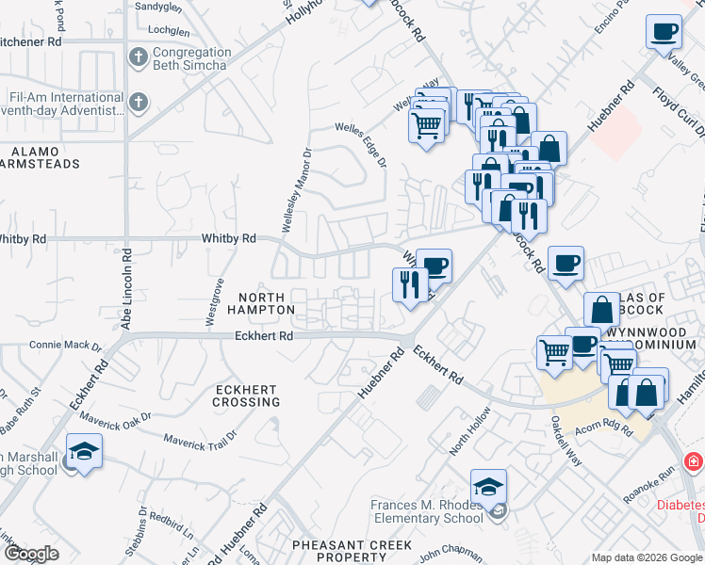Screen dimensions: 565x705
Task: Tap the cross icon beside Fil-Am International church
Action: click(x=139, y=102)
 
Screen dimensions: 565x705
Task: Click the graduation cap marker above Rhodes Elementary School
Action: click(x=488, y=487)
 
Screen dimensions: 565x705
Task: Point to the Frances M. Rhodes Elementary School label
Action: click(x=426, y=511)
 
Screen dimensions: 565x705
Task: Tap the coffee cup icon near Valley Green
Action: click(x=664, y=32)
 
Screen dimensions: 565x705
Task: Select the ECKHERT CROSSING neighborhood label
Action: click(x=247, y=395)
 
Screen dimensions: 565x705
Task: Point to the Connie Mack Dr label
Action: click(x=65, y=346)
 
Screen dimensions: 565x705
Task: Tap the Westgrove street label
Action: click(x=214, y=301)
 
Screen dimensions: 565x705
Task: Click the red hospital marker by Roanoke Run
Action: click(x=694, y=461)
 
